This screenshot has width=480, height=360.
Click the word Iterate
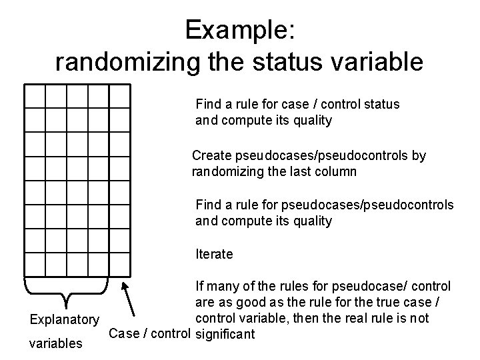pyautogui.click(x=214, y=254)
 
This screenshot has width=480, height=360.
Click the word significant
pyautogui.click(x=225, y=333)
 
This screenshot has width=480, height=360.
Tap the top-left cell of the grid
pyautogui.click(x=34, y=97)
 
